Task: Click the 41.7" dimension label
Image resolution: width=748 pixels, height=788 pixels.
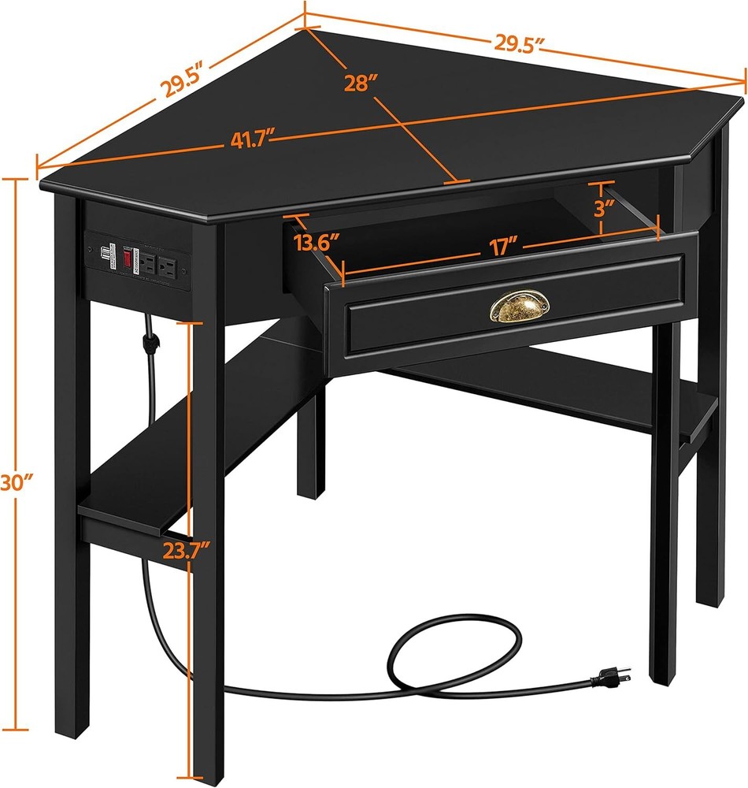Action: coord(246,142)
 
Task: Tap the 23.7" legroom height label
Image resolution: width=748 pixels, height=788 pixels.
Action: coord(185,549)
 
